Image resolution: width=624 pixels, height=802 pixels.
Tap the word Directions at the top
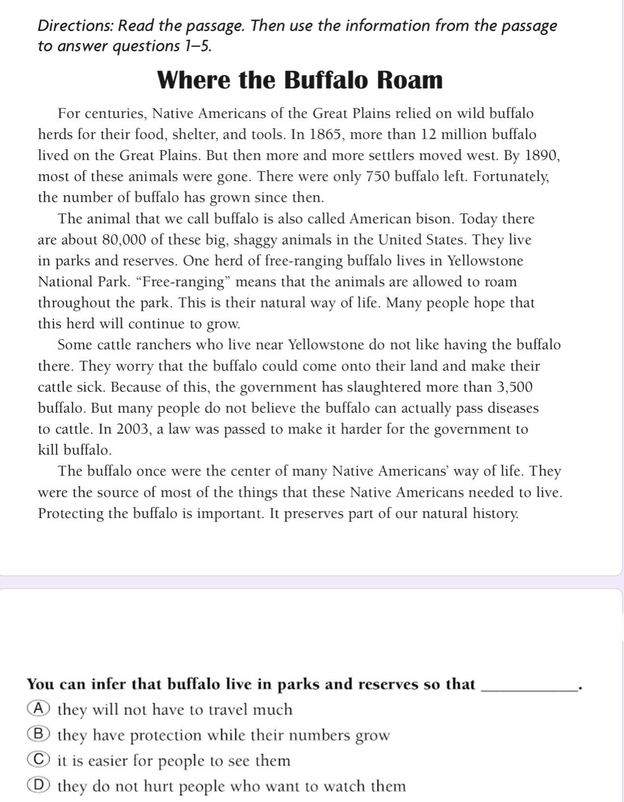click(75, 26)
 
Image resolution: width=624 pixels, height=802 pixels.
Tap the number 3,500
click(514, 387)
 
